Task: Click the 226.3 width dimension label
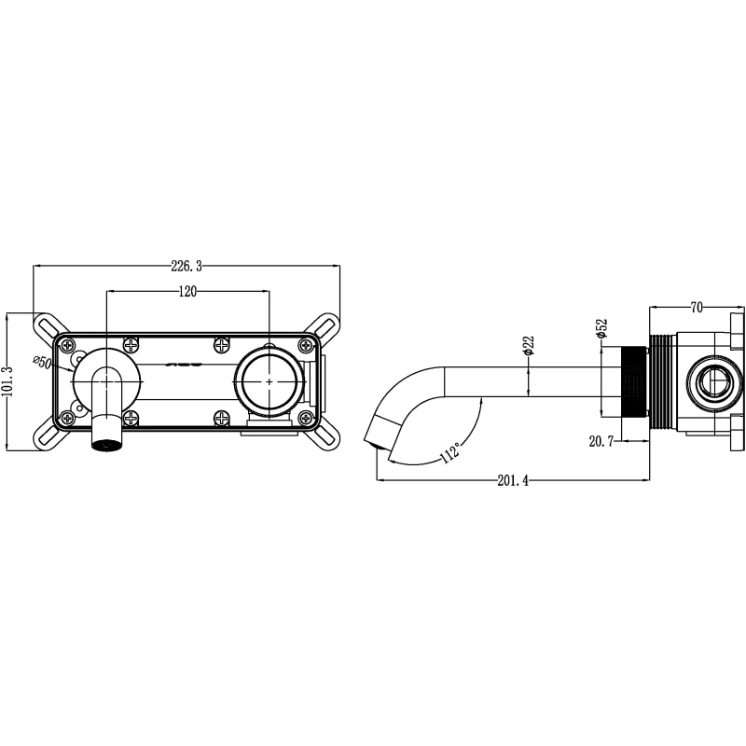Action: (x=186, y=266)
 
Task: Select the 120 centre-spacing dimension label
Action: (x=187, y=291)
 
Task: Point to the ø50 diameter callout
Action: (x=43, y=362)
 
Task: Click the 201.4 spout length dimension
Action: (x=513, y=480)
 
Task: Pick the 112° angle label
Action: (x=450, y=452)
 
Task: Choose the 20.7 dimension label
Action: (x=601, y=441)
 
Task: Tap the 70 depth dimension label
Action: (x=696, y=308)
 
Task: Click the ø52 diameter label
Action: (x=601, y=329)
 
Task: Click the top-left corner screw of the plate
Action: (x=68, y=344)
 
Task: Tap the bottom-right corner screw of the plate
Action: (x=306, y=418)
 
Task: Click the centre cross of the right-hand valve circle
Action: (x=269, y=381)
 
